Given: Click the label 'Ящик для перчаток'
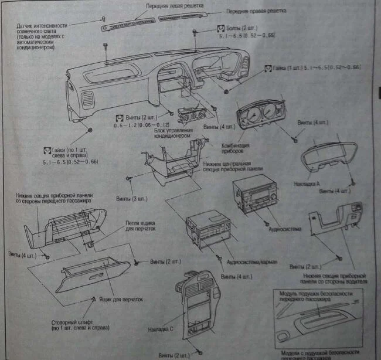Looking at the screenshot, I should point(124,299).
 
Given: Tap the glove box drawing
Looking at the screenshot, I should point(94,275).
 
